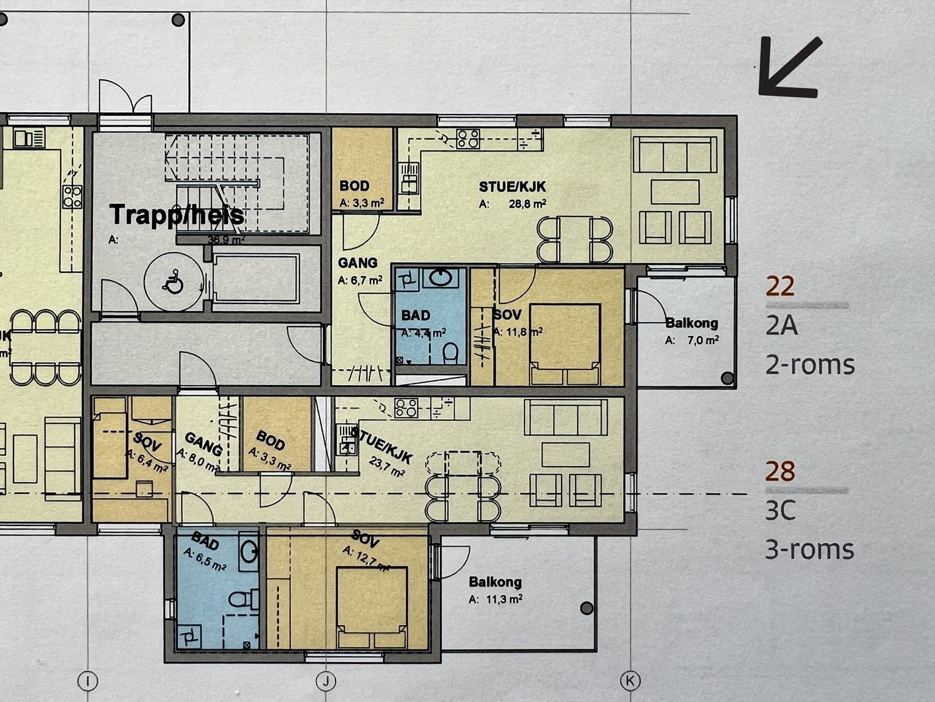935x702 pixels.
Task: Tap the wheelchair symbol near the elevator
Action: pos(173,281)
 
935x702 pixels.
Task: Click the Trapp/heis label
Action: pos(177,215)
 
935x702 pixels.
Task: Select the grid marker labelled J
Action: pos(326,680)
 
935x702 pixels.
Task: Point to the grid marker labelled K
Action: pos(631,680)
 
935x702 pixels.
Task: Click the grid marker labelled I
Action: pos(88,680)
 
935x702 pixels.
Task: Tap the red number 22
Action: pos(780,286)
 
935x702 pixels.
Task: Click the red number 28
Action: pos(780,471)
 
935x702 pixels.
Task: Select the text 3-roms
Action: pos(810,549)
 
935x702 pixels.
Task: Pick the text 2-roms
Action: pos(810,365)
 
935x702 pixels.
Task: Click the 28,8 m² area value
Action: pos(528,204)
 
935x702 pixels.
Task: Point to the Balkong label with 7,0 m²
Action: pos(692,323)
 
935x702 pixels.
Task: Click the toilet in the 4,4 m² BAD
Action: pos(450,354)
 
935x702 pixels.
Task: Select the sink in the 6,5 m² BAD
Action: pos(249,552)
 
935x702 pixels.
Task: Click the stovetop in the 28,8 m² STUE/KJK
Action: pos(468,139)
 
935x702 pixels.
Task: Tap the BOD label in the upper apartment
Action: pos(354,186)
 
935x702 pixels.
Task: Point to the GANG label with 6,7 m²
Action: pos(358,263)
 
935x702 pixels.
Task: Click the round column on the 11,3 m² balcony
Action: pos(587,608)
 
